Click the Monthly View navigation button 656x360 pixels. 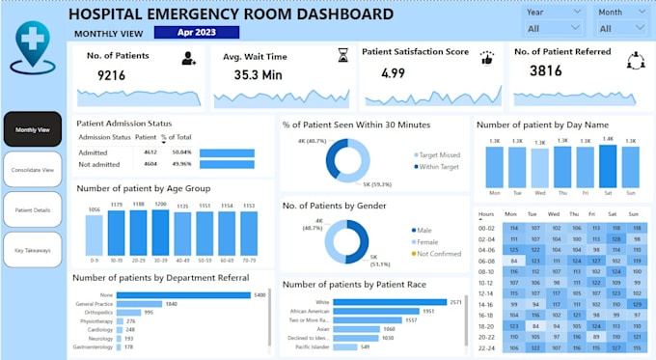[32, 129]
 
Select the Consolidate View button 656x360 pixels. [32, 169]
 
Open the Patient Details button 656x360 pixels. [32, 209]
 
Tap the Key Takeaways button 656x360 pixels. [32, 250]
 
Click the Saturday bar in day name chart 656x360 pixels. [608, 165]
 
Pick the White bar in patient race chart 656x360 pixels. [387, 302]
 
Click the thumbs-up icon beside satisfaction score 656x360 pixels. [487, 58]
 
